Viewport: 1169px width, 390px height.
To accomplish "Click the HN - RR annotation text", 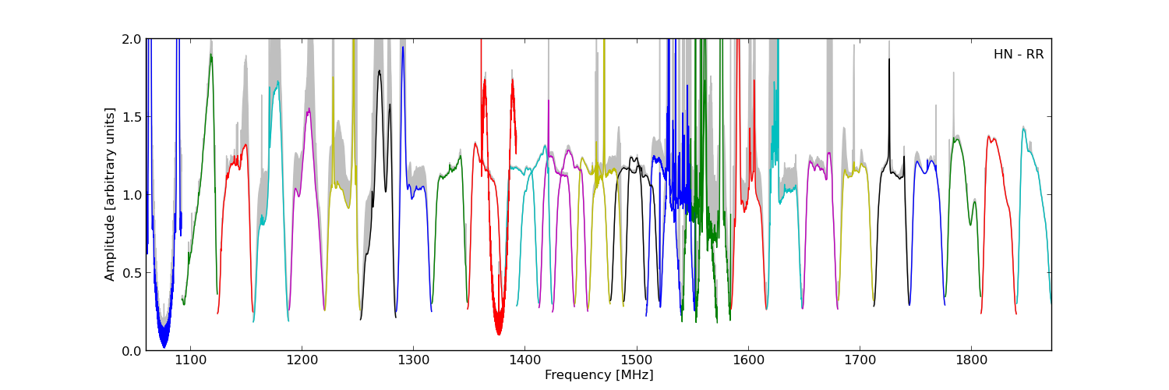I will (1018, 55).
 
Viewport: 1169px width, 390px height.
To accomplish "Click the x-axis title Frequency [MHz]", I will (599, 375).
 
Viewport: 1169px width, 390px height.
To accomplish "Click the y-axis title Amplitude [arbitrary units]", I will (110, 194).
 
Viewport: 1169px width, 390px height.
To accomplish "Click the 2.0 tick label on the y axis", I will (132, 39).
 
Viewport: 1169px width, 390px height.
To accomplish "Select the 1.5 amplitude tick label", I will (132, 117).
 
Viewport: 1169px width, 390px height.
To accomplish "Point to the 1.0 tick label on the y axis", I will (132, 195).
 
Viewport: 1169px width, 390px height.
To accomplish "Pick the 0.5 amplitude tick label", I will (132, 273).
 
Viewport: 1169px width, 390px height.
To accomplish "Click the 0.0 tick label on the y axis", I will (132, 351).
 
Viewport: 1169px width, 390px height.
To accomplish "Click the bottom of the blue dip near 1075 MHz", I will (164, 346).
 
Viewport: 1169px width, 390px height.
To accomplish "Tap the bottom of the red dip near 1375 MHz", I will (498, 334).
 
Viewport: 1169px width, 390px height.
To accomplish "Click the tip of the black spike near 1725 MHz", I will (888, 59).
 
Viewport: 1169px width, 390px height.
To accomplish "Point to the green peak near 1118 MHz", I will (210, 55).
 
